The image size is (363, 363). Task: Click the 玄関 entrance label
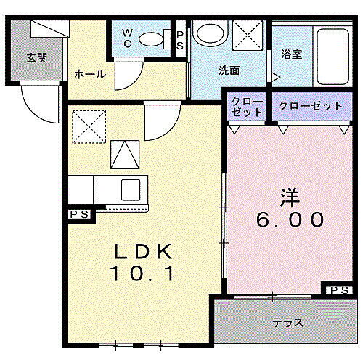tap(38, 57)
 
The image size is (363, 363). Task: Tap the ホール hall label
tap(89, 74)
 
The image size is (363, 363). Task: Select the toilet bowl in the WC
tap(150, 39)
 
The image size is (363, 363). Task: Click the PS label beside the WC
tap(180, 38)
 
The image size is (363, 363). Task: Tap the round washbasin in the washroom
tap(211, 33)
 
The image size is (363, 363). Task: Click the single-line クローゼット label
tap(310, 107)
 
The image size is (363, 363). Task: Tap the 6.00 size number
tap(289, 219)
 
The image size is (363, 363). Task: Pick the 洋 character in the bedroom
tap(289, 196)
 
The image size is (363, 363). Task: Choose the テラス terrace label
tap(287, 322)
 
